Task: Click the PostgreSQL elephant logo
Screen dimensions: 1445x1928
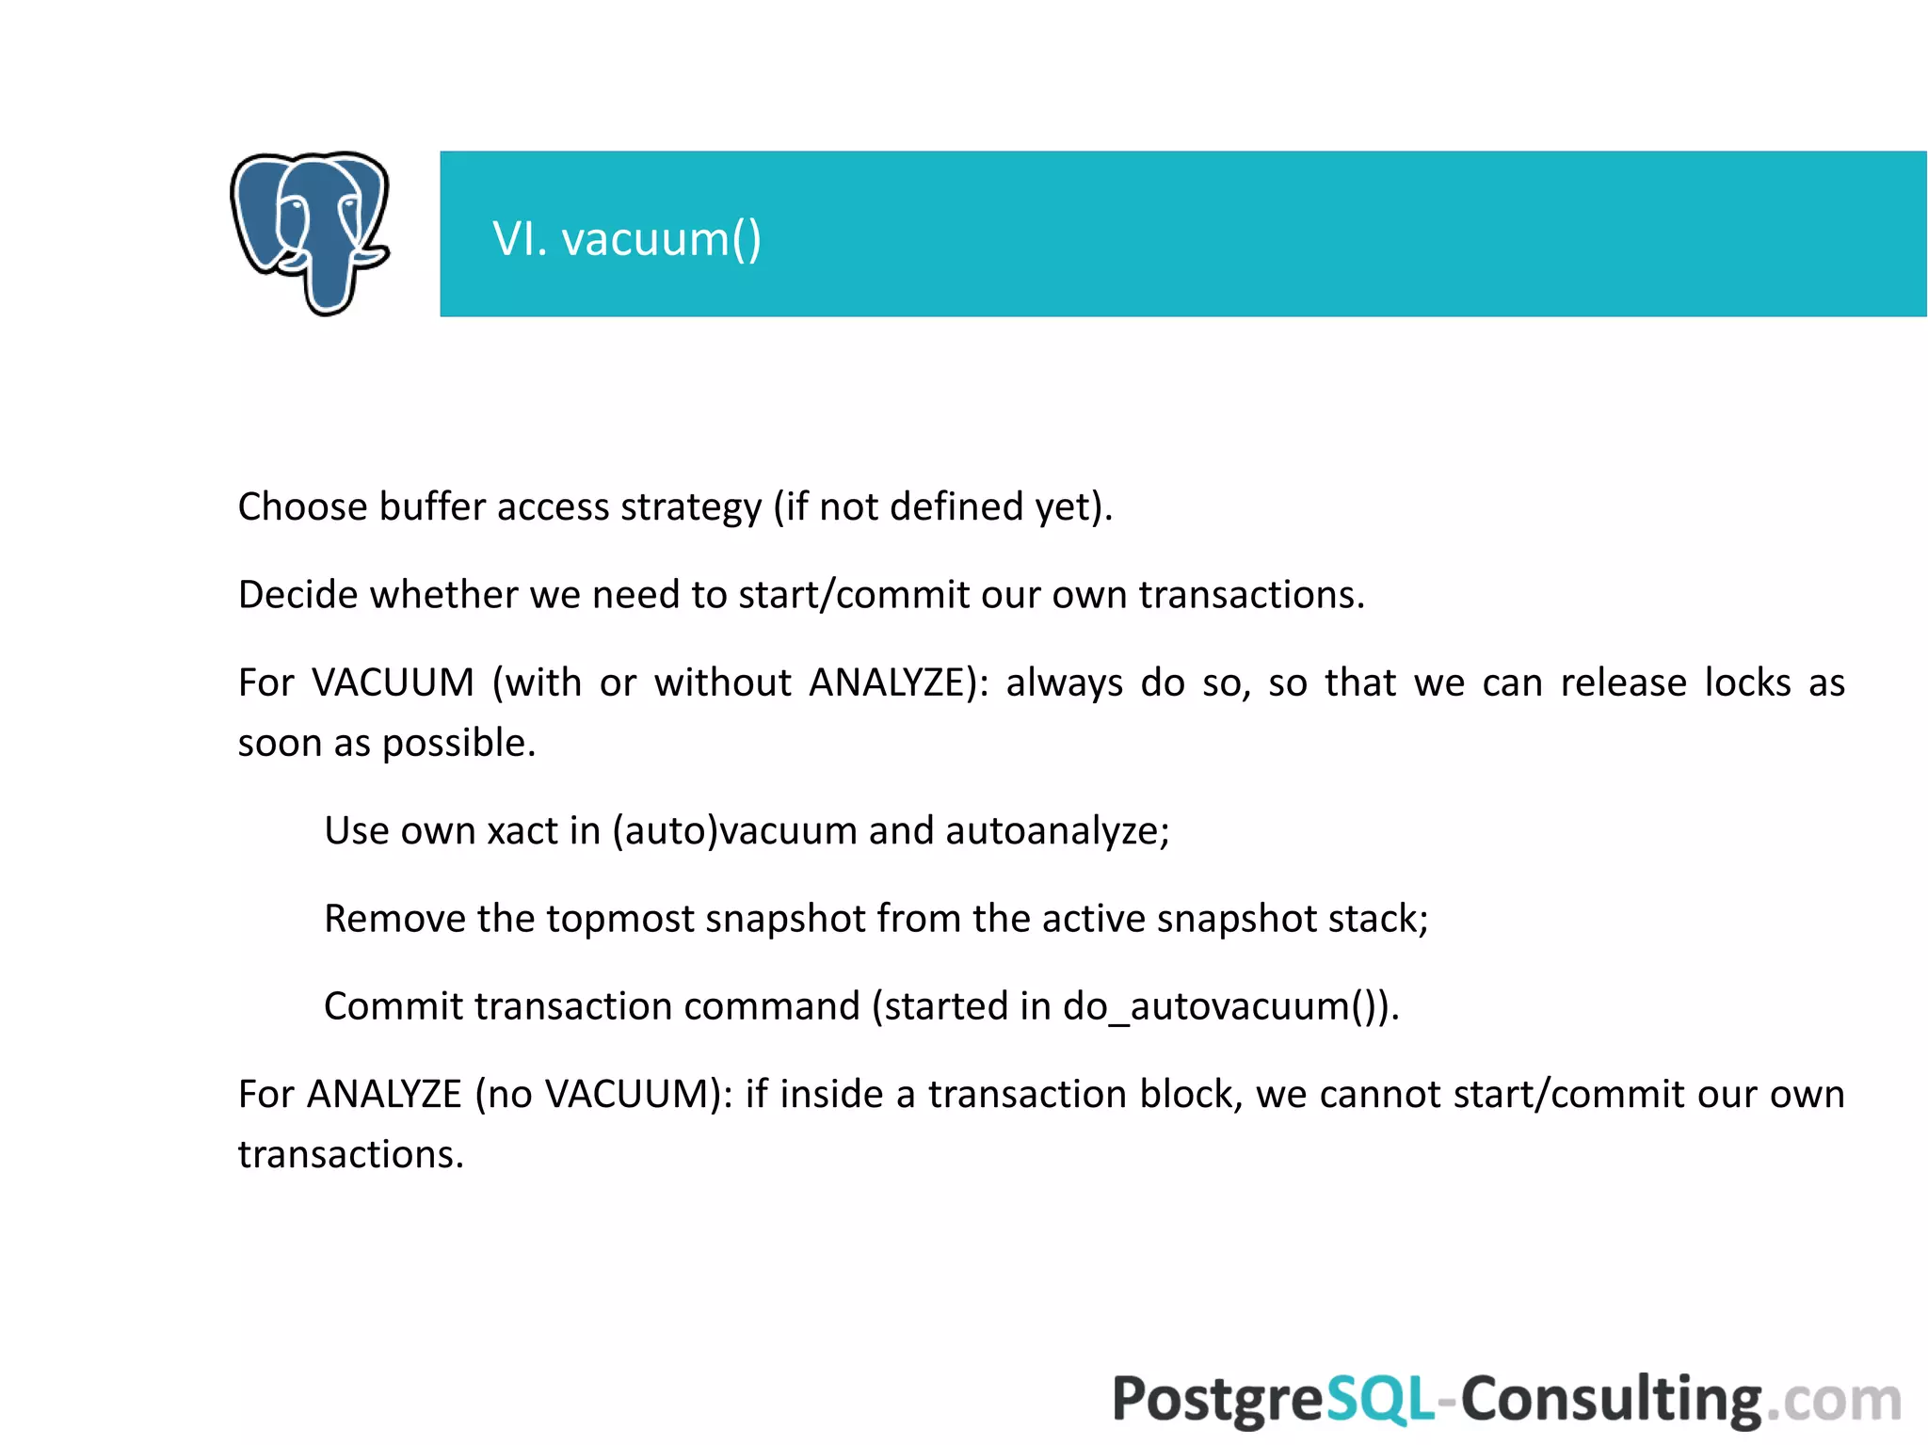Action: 310,233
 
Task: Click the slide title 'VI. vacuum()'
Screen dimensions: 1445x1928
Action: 627,239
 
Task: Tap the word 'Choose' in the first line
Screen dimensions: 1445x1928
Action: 302,506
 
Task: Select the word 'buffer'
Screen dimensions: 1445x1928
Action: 431,506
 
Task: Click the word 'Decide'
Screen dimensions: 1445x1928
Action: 297,595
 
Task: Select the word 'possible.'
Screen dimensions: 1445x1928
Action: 459,743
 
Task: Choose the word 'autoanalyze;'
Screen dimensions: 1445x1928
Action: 1057,830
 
